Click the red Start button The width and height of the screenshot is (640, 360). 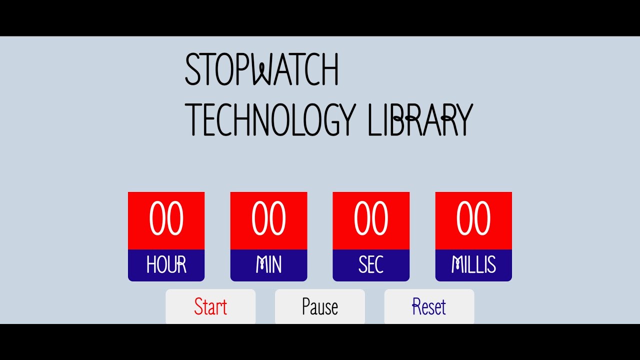[210, 306]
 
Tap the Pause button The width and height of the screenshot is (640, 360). [320, 306]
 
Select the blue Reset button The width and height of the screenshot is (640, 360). [429, 306]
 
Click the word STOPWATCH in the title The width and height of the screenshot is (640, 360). [261, 69]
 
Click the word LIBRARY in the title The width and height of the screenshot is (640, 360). [420, 120]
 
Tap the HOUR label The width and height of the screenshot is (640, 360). [166, 265]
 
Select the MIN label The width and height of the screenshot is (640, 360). [268, 265]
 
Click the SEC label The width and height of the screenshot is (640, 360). [371, 265]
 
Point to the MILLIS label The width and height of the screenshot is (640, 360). [473, 265]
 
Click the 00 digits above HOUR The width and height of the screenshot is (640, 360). [166, 219]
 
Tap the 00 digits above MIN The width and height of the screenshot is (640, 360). [268, 219]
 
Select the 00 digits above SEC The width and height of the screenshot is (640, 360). [371, 219]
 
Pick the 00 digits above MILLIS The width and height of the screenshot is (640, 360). [473, 219]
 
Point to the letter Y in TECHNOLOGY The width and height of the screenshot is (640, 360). [346, 120]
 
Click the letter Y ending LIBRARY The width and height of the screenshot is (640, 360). [462, 120]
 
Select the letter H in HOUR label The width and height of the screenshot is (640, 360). [150, 265]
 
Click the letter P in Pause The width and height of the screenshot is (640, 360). [306, 306]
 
